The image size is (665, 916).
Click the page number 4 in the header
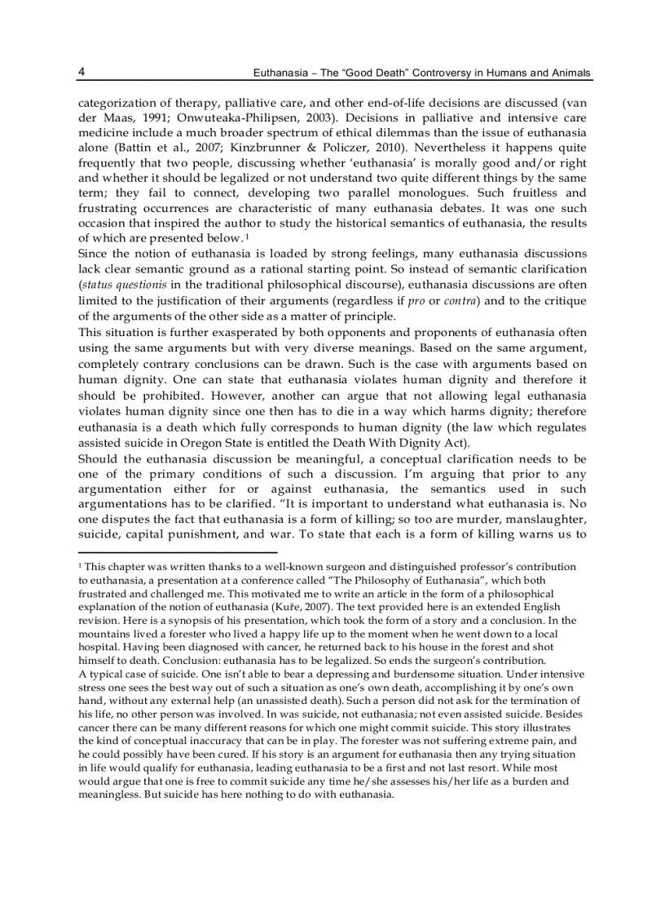point(81,72)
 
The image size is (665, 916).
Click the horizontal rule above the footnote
point(177,552)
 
